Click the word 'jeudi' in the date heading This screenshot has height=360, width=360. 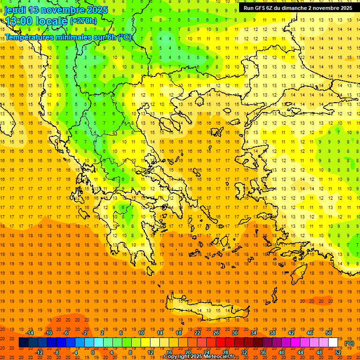[x=16, y=10]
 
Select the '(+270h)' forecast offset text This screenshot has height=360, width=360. [x=83, y=21]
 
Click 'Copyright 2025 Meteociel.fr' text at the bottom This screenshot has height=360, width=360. [x=199, y=357]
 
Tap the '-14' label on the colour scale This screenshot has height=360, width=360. [x=30, y=333]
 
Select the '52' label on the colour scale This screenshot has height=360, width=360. [x=338, y=352]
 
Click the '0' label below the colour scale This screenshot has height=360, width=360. [x=93, y=352]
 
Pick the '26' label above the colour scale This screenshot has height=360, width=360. [x=216, y=333]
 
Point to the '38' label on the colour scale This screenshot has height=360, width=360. [x=272, y=333]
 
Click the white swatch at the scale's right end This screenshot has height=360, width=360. [x=333, y=343]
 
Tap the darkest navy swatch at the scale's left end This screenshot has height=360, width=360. [x=23, y=343]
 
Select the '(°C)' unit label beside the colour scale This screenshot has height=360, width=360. [x=349, y=343]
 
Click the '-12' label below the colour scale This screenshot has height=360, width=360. [x=39, y=352]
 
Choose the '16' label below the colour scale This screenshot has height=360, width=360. [x=169, y=352]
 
